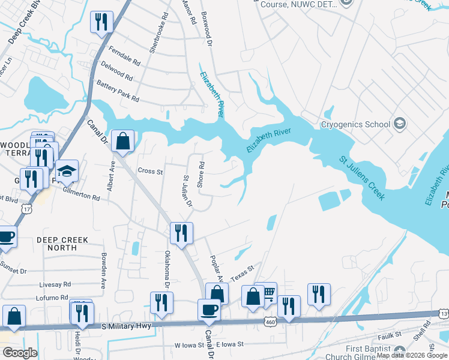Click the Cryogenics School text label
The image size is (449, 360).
[355, 125]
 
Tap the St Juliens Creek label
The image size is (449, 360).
[361, 178]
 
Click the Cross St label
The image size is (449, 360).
[150, 171]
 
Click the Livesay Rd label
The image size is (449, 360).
[55, 284]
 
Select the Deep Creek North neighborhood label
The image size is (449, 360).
[62, 244]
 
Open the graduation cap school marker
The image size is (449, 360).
[67, 171]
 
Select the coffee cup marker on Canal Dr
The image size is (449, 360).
[209, 310]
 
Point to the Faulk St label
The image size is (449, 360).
[389, 337]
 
